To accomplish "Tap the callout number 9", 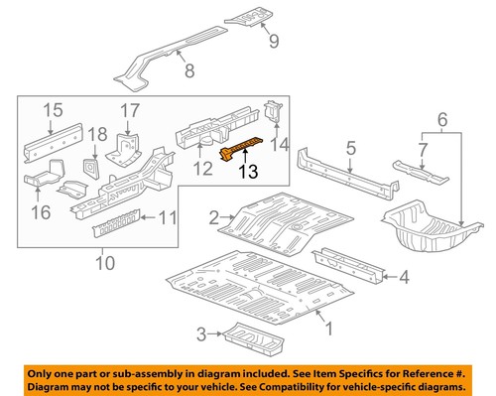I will tap(275, 42).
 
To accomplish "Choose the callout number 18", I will tap(97, 134).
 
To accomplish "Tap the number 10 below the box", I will tap(104, 263).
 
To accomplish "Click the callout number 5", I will tap(350, 149).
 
